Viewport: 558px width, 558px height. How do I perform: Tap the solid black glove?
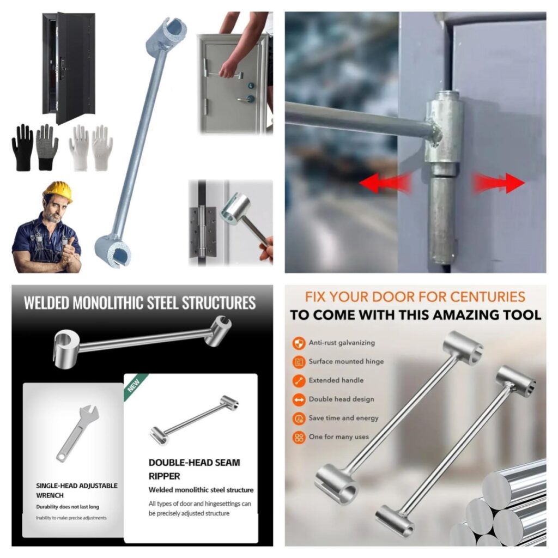tap(23, 147)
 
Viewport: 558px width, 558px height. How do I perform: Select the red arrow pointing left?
tap(385, 183)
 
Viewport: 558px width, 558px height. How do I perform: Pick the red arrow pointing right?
tap(498, 183)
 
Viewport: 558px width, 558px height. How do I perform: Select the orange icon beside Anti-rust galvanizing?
tap(299, 343)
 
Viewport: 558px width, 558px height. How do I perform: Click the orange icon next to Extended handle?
tap(299, 381)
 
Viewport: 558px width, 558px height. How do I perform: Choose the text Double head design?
tap(341, 399)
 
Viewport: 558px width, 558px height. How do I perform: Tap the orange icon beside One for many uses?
tap(299, 438)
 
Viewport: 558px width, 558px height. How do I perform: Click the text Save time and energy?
tap(343, 418)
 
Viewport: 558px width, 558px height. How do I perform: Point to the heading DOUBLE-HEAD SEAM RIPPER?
tap(195, 469)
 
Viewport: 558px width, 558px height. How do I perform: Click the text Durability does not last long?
tap(68, 507)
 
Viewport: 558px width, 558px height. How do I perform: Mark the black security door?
tap(68, 68)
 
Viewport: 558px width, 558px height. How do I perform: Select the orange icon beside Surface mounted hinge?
tap(299, 362)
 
